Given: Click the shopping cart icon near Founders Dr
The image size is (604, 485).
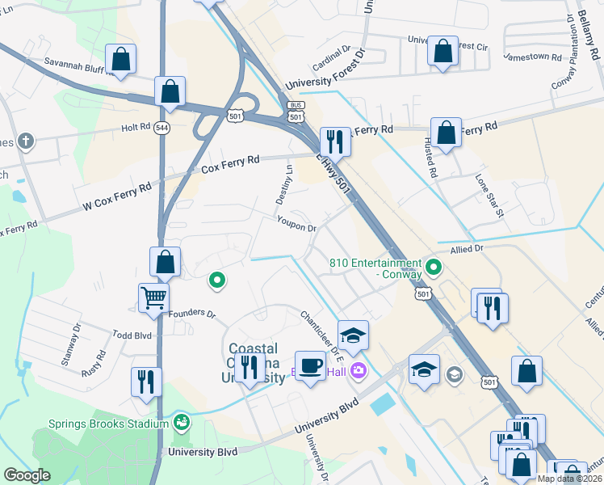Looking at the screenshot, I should coord(153,297).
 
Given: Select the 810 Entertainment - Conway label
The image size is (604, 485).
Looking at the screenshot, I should coord(376,268).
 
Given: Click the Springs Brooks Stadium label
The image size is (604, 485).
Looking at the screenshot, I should coord(107,423).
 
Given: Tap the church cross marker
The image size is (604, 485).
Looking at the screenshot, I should coord(26,141).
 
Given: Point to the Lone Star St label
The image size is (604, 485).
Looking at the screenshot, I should coord(489,196).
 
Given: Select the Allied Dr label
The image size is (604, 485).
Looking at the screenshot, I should coord(466,250).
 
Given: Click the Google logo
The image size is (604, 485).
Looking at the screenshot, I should coord(27,475).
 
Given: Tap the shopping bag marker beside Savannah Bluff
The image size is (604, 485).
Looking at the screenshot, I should coord(120,59).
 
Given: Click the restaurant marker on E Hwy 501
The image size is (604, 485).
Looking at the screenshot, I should coord(334,142).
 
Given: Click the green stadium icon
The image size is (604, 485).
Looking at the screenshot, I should coord(182,422).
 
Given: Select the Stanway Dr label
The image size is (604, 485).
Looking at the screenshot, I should coord(71,346).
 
